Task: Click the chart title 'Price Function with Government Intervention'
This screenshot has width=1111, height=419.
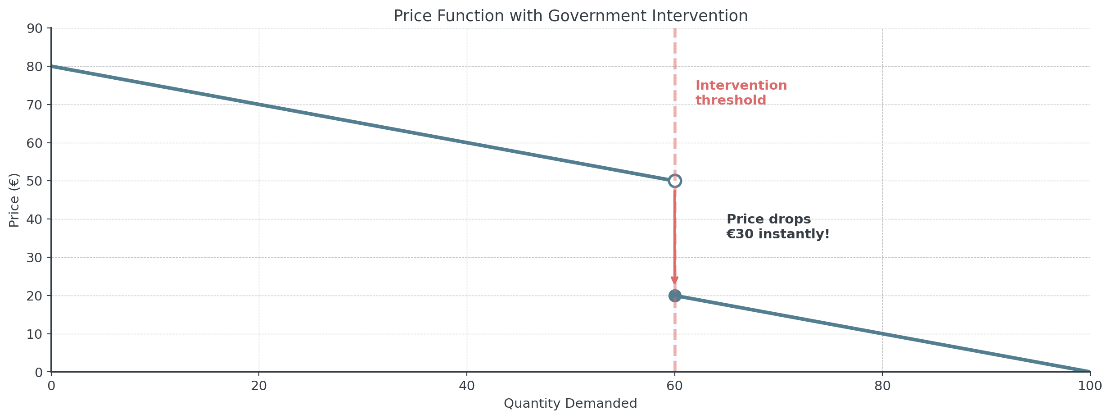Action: coord(570,16)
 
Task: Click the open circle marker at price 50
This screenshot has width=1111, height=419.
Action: coord(675,181)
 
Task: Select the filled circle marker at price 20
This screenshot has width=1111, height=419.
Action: coord(675,296)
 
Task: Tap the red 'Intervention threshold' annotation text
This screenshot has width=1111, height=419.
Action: coord(741,92)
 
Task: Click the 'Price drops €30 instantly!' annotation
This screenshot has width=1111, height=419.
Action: coord(777,227)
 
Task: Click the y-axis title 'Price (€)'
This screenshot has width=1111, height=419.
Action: coord(14,200)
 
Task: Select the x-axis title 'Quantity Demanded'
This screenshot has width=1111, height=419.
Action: coord(570,403)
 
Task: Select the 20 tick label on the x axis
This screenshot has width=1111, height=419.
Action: coord(259,386)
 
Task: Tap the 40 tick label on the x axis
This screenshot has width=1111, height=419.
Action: coord(467,386)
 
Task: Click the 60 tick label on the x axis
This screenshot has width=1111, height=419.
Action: coord(675,386)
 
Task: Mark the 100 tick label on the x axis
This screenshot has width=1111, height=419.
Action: coord(1090,386)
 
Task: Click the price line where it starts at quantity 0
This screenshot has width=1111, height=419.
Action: coord(52,67)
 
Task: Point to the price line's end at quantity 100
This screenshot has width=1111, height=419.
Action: coord(1089,372)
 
